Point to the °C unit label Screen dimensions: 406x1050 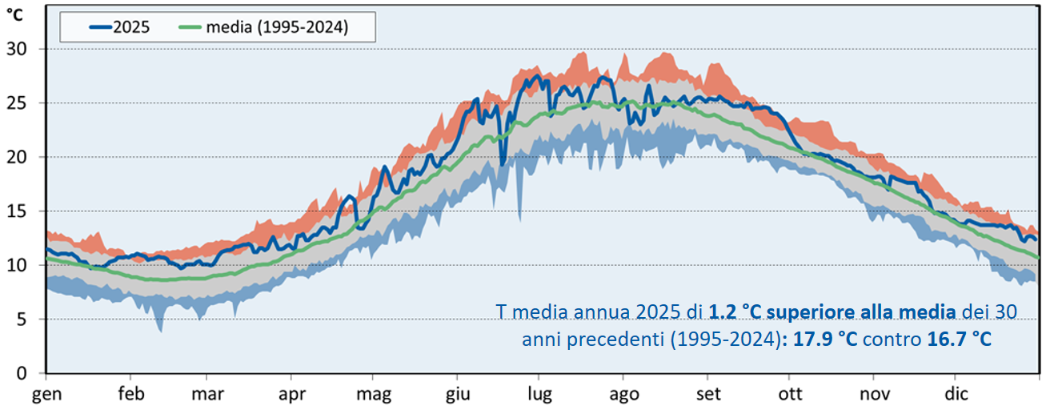point(16,14)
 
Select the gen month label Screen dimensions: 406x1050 point(46,393)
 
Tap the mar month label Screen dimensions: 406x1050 point(207,393)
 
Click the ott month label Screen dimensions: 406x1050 point(790,393)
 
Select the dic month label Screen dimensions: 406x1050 point(956,393)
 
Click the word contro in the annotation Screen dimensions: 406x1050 point(892,340)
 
